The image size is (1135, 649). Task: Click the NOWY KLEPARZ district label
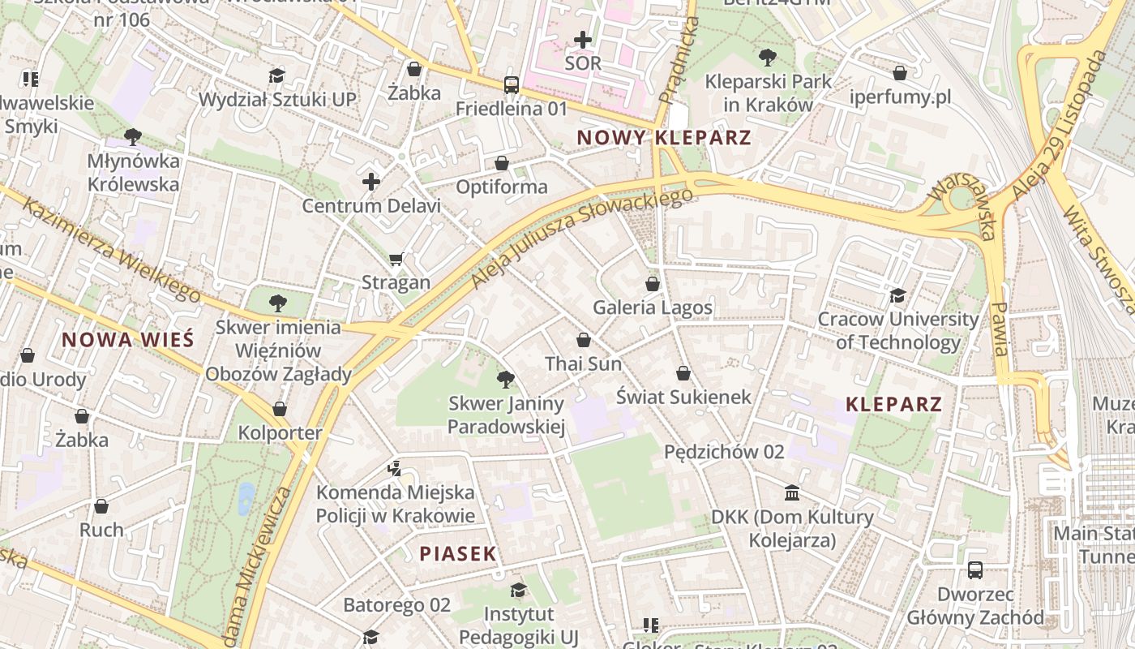click(664, 137)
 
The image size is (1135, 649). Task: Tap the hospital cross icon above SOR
click(583, 39)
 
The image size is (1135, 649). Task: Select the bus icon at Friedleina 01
click(512, 84)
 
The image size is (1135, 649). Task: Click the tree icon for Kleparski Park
click(767, 58)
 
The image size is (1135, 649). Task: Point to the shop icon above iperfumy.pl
click(900, 73)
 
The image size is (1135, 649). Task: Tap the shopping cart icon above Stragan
click(396, 260)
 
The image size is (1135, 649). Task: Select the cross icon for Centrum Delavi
click(371, 182)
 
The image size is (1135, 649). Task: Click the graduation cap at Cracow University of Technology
click(897, 295)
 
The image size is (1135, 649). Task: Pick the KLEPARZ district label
click(894, 404)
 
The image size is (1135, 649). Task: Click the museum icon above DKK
click(792, 493)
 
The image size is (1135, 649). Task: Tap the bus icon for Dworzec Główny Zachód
click(975, 570)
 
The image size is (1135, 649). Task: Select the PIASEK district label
click(458, 554)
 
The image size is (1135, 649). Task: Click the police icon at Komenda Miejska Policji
click(394, 468)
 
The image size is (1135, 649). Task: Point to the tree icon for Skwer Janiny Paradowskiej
click(505, 379)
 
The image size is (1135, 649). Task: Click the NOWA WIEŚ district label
click(128, 339)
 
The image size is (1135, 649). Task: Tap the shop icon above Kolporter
click(280, 409)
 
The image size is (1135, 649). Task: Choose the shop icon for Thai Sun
click(584, 340)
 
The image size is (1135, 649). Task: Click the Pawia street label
click(1000, 329)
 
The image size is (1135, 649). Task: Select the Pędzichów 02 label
click(724, 452)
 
